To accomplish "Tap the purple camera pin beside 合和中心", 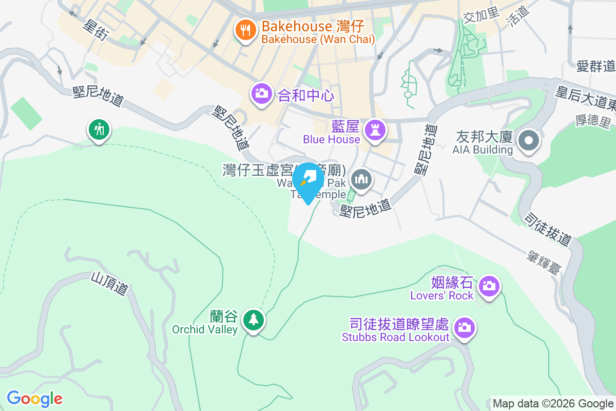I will point(262,94).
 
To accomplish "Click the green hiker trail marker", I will point(98,129).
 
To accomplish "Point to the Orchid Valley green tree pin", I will point(253,320).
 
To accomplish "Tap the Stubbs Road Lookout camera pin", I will point(465,327).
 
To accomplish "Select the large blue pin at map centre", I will point(308,181).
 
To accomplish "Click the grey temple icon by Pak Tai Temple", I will point(362,180).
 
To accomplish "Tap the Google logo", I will point(35,398).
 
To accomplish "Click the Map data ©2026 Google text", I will point(553,403).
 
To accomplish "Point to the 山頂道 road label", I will point(109,283).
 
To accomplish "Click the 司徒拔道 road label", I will point(548,230).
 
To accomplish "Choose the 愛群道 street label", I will point(595,66).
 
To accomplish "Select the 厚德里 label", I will point(593,122).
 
